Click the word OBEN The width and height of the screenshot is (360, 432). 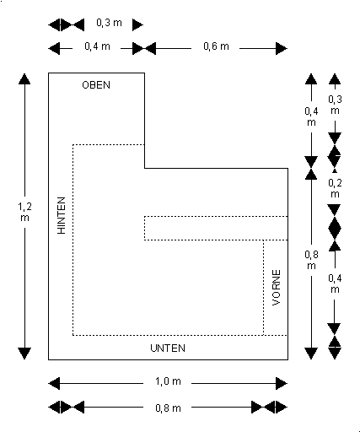(x=96, y=85)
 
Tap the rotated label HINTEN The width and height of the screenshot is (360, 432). (x=62, y=215)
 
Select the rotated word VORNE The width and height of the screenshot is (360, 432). (x=277, y=288)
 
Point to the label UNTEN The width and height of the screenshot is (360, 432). (x=168, y=348)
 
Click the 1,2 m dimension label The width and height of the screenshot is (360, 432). (x=24, y=212)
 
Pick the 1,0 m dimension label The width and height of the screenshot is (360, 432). (x=168, y=381)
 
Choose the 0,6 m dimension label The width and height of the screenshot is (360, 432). (x=216, y=46)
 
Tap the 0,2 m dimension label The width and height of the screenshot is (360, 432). (x=335, y=188)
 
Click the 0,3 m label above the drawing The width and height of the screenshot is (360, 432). (x=109, y=23)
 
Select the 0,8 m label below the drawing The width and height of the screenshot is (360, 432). (x=168, y=408)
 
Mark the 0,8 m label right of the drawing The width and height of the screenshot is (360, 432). (x=311, y=260)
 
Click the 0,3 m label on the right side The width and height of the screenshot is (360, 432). (x=335, y=105)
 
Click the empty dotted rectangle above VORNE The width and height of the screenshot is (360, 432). (x=216, y=228)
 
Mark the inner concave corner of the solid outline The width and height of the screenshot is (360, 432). (x=145, y=168)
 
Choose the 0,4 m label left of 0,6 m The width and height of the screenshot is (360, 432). (x=97, y=46)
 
